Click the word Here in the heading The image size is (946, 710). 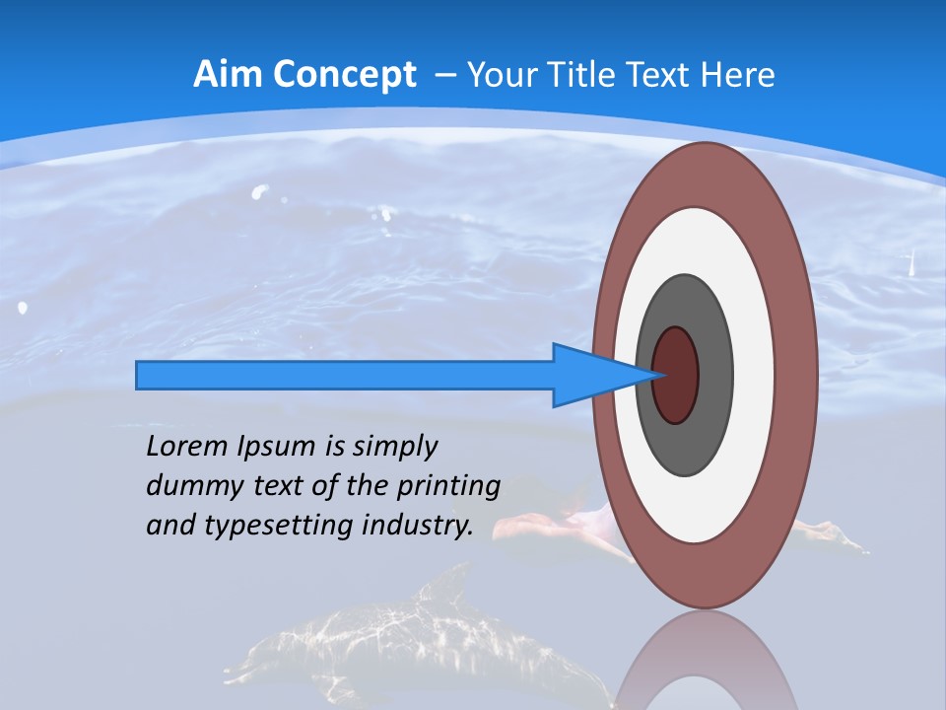tap(739, 75)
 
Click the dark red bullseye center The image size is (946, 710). tap(676, 375)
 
